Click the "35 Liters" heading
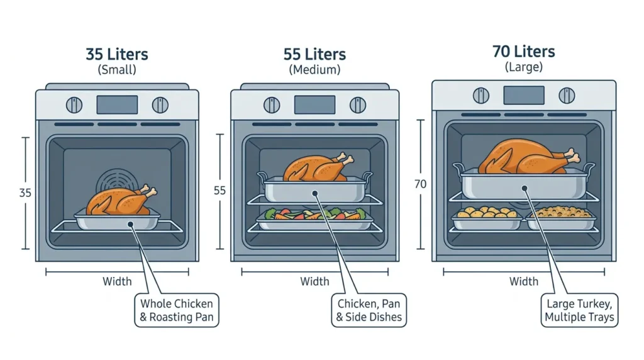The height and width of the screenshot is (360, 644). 117,54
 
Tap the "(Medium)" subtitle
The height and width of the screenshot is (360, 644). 314,69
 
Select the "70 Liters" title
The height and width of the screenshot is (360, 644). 524,52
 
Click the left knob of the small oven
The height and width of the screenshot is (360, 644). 74,105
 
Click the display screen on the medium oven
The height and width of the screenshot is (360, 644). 314,105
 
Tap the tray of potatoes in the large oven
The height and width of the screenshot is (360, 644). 487,218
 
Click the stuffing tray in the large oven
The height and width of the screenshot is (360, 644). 561,218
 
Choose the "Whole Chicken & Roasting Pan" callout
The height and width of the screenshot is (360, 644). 177,310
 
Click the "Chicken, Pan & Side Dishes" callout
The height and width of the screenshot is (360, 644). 369,310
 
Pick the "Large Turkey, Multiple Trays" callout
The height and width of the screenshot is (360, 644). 579,310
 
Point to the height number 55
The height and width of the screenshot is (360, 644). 219,191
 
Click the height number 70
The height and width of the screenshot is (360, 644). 420,184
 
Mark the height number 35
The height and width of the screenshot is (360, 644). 25,193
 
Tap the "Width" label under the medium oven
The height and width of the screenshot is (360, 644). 314,281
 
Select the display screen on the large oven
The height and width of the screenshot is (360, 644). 524,95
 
